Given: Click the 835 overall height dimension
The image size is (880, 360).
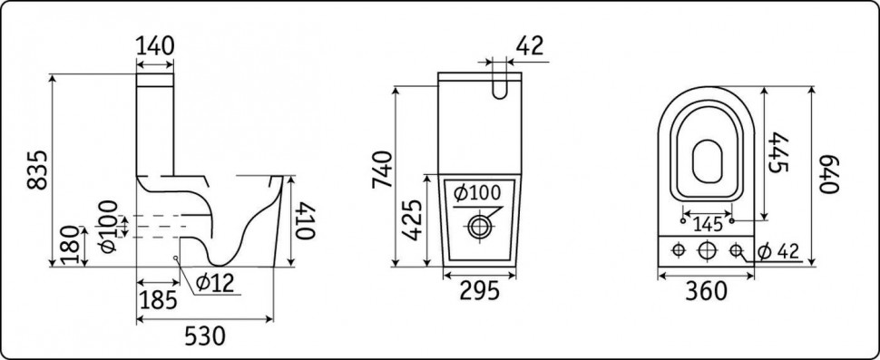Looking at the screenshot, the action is (37, 170).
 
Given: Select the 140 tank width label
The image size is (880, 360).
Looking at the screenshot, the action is (155, 46).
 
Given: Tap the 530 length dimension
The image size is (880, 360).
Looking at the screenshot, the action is (205, 336).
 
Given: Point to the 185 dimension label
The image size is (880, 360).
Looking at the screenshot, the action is (158, 300).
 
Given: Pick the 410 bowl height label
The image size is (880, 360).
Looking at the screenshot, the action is (306, 220).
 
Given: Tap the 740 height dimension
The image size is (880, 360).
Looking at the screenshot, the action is (382, 170).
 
